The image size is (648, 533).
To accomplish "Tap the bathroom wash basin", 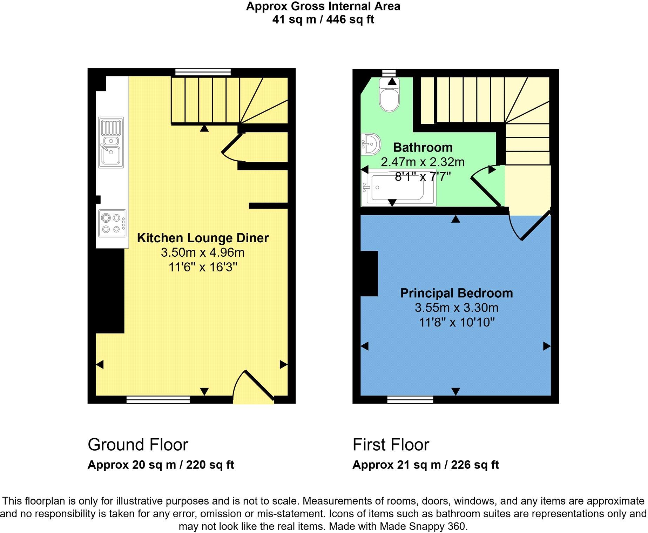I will click(371, 144).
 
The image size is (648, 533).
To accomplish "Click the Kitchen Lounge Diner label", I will click(203, 238).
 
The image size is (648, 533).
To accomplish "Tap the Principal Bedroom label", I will click(456, 293).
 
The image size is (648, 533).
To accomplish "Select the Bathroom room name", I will click(423, 147).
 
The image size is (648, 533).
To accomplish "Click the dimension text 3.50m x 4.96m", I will click(203, 252).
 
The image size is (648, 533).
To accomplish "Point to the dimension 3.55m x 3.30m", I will click(456, 308).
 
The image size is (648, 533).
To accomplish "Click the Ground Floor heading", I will click(138, 445).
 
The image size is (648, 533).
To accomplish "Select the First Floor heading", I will click(391, 445).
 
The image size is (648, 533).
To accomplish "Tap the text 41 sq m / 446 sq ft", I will click(323, 19).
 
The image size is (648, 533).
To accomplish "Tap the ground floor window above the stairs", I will click(203, 72).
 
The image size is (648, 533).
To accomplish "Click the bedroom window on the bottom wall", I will click(410, 400).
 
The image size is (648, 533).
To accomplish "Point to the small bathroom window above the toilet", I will click(389, 73).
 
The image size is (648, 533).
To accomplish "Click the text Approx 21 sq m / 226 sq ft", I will click(425, 465).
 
